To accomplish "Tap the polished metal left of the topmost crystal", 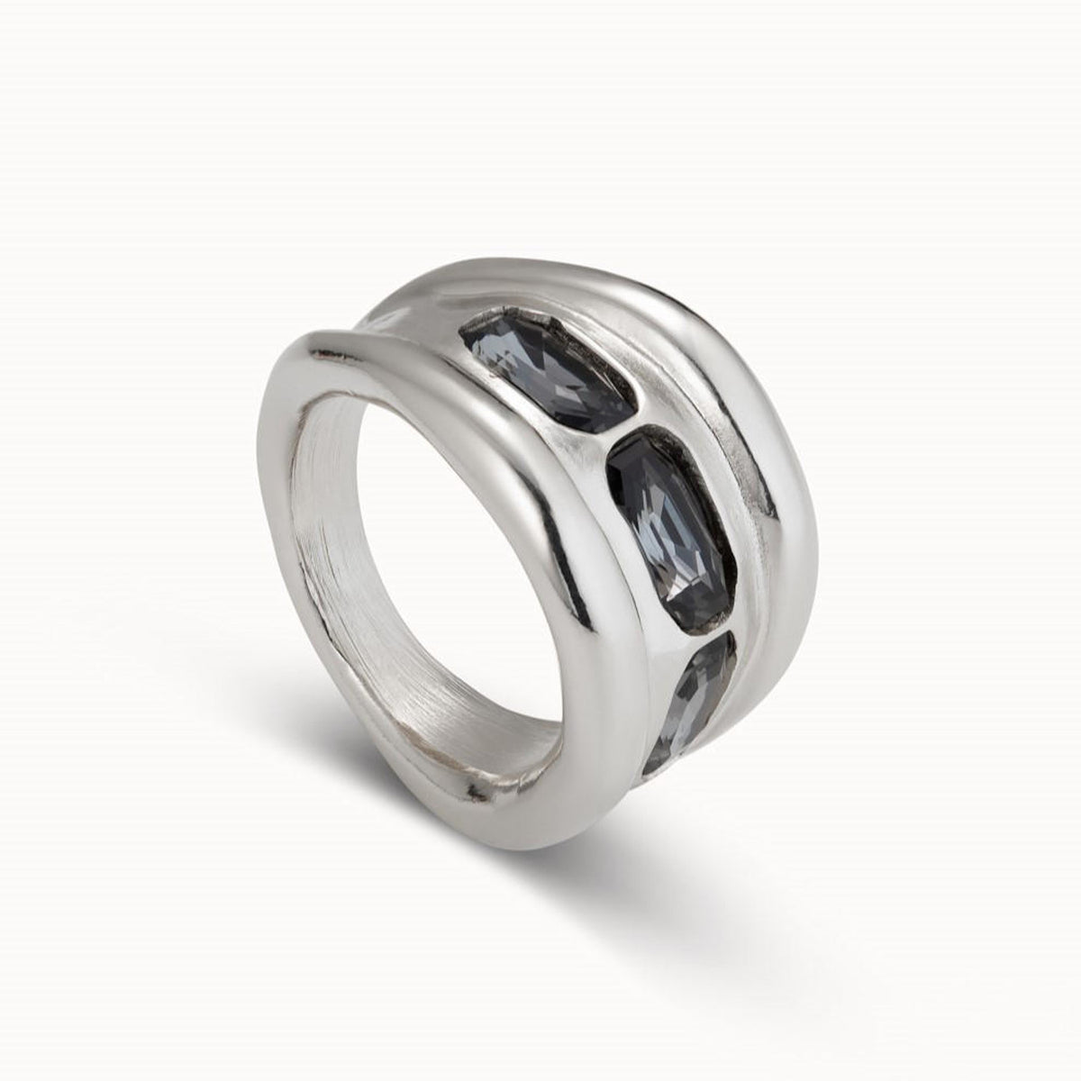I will point(450,396).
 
